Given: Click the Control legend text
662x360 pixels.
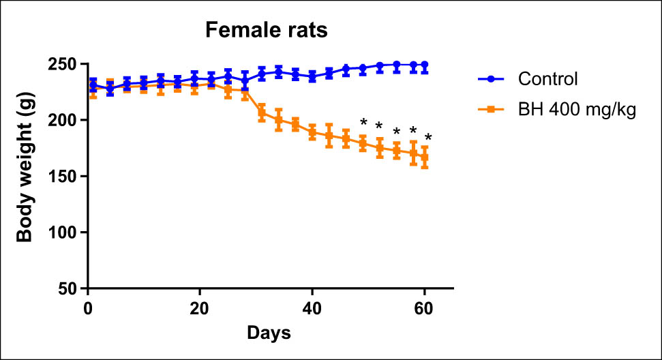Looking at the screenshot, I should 547,78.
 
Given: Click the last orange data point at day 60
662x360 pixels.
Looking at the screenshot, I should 424,157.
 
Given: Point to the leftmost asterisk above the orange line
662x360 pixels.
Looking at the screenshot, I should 363,123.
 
